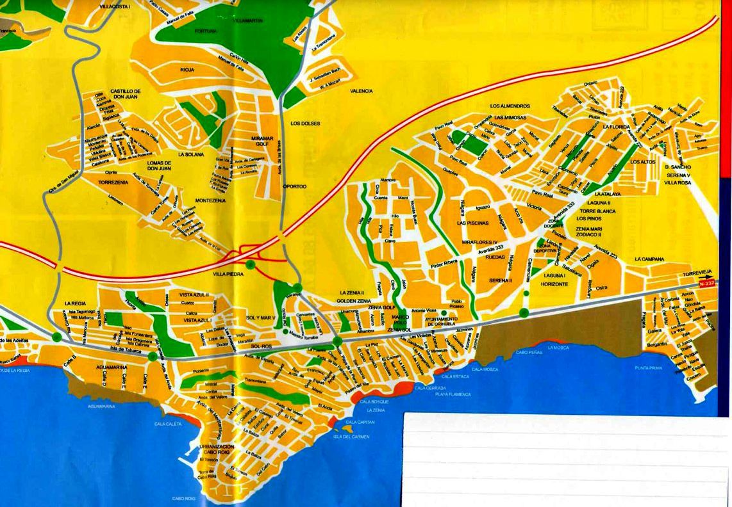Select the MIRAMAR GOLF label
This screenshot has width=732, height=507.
point(263,142)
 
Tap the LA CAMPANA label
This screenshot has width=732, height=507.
point(649,259)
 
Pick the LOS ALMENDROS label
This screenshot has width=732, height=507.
point(510,106)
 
